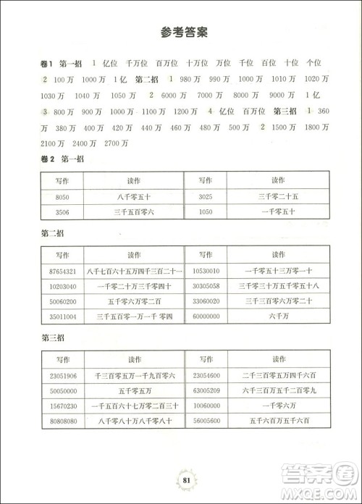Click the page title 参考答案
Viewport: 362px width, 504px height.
[182, 32]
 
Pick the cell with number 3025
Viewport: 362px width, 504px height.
[206, 196]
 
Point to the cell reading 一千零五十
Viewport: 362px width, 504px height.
[279, 211]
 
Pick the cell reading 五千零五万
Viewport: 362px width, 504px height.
[135, 390]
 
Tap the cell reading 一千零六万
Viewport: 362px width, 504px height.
[279, 406]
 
